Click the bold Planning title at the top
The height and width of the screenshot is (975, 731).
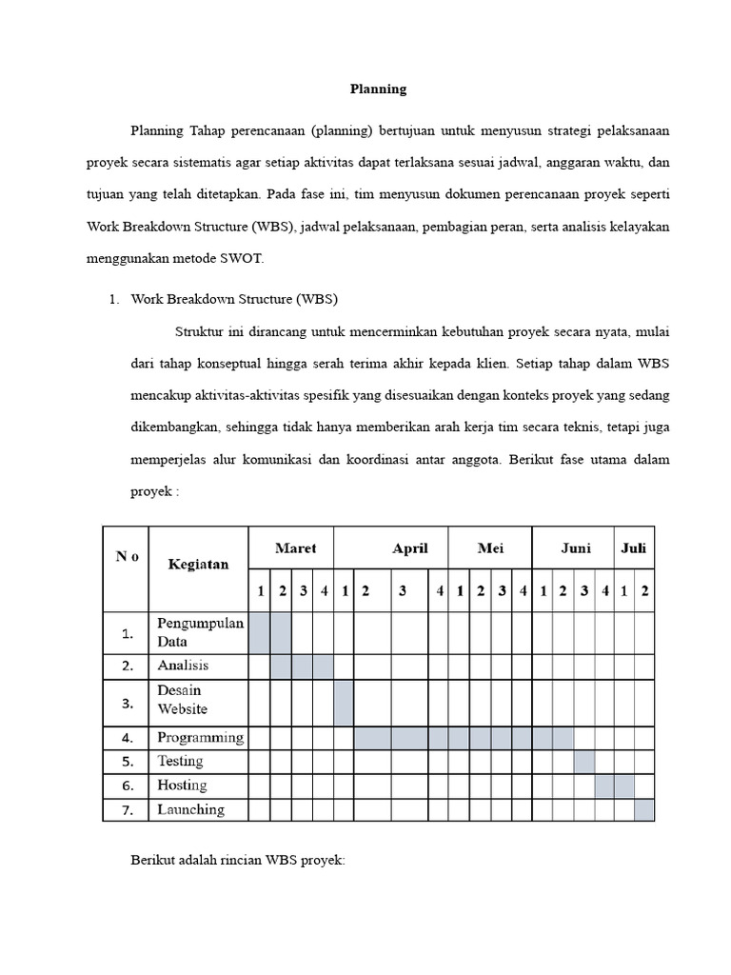378,89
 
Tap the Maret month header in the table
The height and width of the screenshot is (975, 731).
295,548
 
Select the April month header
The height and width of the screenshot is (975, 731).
410,548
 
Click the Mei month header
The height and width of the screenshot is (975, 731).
490,548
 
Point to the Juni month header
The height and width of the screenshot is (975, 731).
576,548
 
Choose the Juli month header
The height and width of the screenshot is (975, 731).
634,548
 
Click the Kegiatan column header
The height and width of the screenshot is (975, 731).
198,564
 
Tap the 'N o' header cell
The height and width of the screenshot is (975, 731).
128,557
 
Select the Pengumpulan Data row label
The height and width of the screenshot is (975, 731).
200,632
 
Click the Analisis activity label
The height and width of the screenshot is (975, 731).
183,665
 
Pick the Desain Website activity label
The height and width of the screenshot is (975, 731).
182,700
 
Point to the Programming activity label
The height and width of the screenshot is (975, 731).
200,737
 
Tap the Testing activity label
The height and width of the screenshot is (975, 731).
180,762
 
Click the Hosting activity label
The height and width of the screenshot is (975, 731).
182,786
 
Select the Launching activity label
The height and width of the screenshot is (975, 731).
190,809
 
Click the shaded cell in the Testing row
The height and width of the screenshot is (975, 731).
584,762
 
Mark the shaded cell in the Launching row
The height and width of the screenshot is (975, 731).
644,809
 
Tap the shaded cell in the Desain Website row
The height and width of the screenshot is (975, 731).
344,703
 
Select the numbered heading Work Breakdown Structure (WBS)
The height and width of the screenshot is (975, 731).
234,299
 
